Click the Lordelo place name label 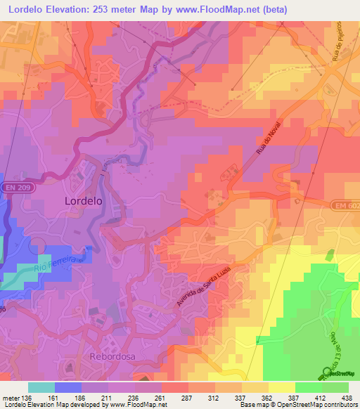click(84, 200)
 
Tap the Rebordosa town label click(111, 357)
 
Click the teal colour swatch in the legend click(41, 387)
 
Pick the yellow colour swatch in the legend click(281, 387)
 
